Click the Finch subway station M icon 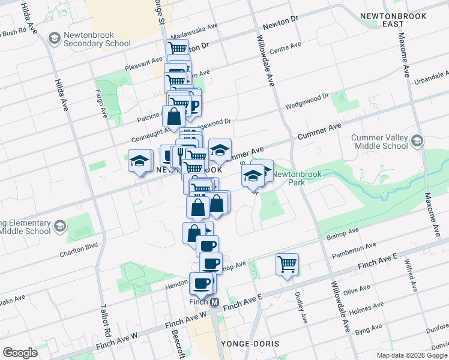tap(214, 301)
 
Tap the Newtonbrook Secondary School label tap(97, 39)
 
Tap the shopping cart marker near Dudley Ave tap(288, 264)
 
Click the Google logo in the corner tap(20, 352)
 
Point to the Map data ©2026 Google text tap(412, 355)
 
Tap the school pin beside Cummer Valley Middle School tap(417, 142)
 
